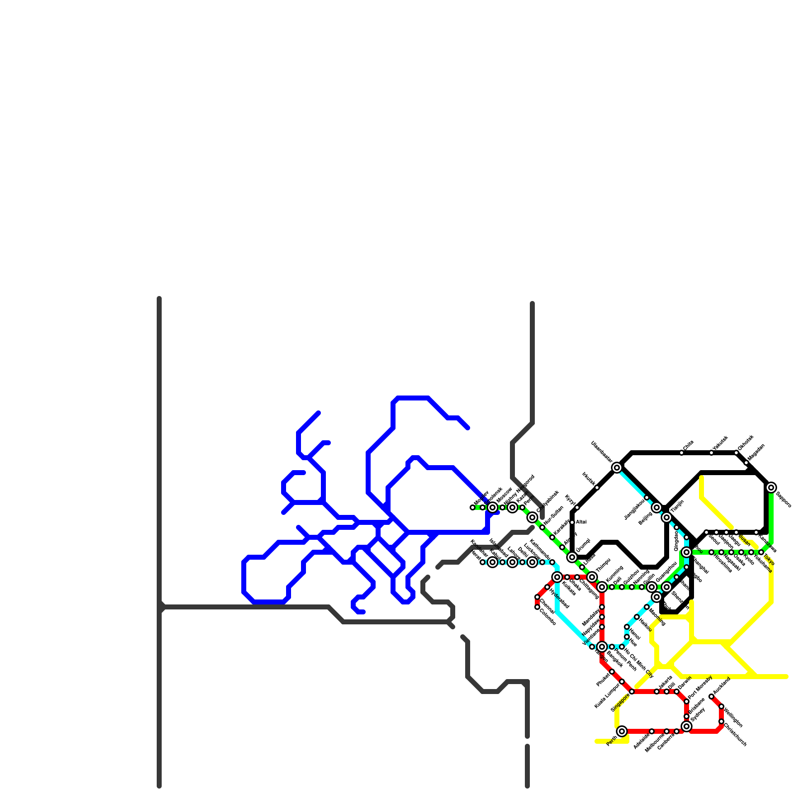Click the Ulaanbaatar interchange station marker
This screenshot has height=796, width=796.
[617, 468]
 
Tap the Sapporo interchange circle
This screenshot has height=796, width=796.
[771, 488]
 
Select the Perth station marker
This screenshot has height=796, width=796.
[622, 731]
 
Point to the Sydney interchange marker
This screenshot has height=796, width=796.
[687, 726]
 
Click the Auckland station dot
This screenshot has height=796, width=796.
[711, 696]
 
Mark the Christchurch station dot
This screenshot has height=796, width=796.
[721, 721]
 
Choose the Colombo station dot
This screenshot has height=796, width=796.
[537, 607]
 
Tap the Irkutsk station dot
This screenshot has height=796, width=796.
[597, 488]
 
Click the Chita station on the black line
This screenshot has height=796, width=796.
[682, 453]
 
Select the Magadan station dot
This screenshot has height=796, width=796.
[746, 463]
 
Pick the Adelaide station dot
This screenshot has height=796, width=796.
[652, 731]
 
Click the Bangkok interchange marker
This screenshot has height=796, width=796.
[602, 647]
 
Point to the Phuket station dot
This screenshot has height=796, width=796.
[612, 672]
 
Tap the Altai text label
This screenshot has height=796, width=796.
[581, 522]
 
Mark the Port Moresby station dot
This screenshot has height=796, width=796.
[687, 701]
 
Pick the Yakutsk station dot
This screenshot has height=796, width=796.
[711, 453]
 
